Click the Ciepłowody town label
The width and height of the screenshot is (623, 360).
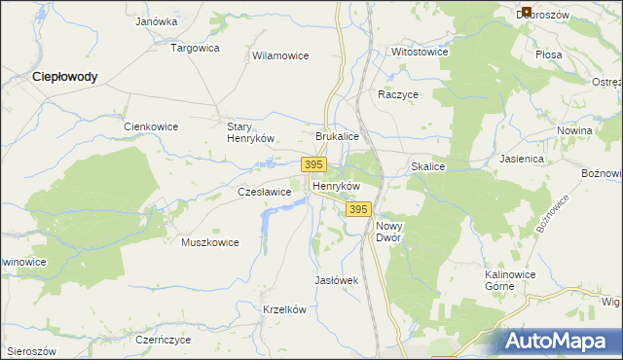64,76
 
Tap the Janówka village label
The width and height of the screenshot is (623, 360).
157,20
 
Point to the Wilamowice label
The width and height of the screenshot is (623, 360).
280,56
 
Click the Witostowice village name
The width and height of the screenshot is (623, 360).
420,52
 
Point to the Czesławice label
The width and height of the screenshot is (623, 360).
265,193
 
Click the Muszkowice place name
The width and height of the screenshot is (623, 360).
209,242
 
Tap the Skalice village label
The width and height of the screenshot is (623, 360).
427,167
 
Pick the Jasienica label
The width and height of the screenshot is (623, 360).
521,158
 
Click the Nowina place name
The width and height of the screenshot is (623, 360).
575,130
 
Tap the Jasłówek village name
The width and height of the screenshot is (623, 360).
337,280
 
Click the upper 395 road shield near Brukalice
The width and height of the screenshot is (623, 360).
313,165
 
